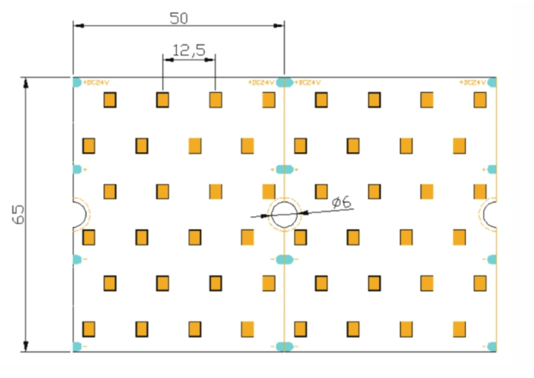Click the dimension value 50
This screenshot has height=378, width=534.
coord(179,18)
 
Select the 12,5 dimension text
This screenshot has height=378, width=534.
coord(189,50)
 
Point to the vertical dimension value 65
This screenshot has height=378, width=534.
coord(18,214)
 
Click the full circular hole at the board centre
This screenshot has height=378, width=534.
coord(284,214)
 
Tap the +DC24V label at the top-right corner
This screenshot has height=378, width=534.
coord(472,82)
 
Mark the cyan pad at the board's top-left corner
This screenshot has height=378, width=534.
coord(77,82)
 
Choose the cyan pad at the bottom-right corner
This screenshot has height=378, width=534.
coord(493,346)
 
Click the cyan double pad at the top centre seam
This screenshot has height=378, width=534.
coord(284,82)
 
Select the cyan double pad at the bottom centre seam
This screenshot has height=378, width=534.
coord(284,346)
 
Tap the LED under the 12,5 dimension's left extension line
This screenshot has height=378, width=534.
coord(163,100)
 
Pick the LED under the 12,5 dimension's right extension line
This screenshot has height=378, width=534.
coord(215,100)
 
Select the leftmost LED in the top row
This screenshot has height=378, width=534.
coord(110,100)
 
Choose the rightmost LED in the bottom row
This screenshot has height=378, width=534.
coord(459,329)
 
